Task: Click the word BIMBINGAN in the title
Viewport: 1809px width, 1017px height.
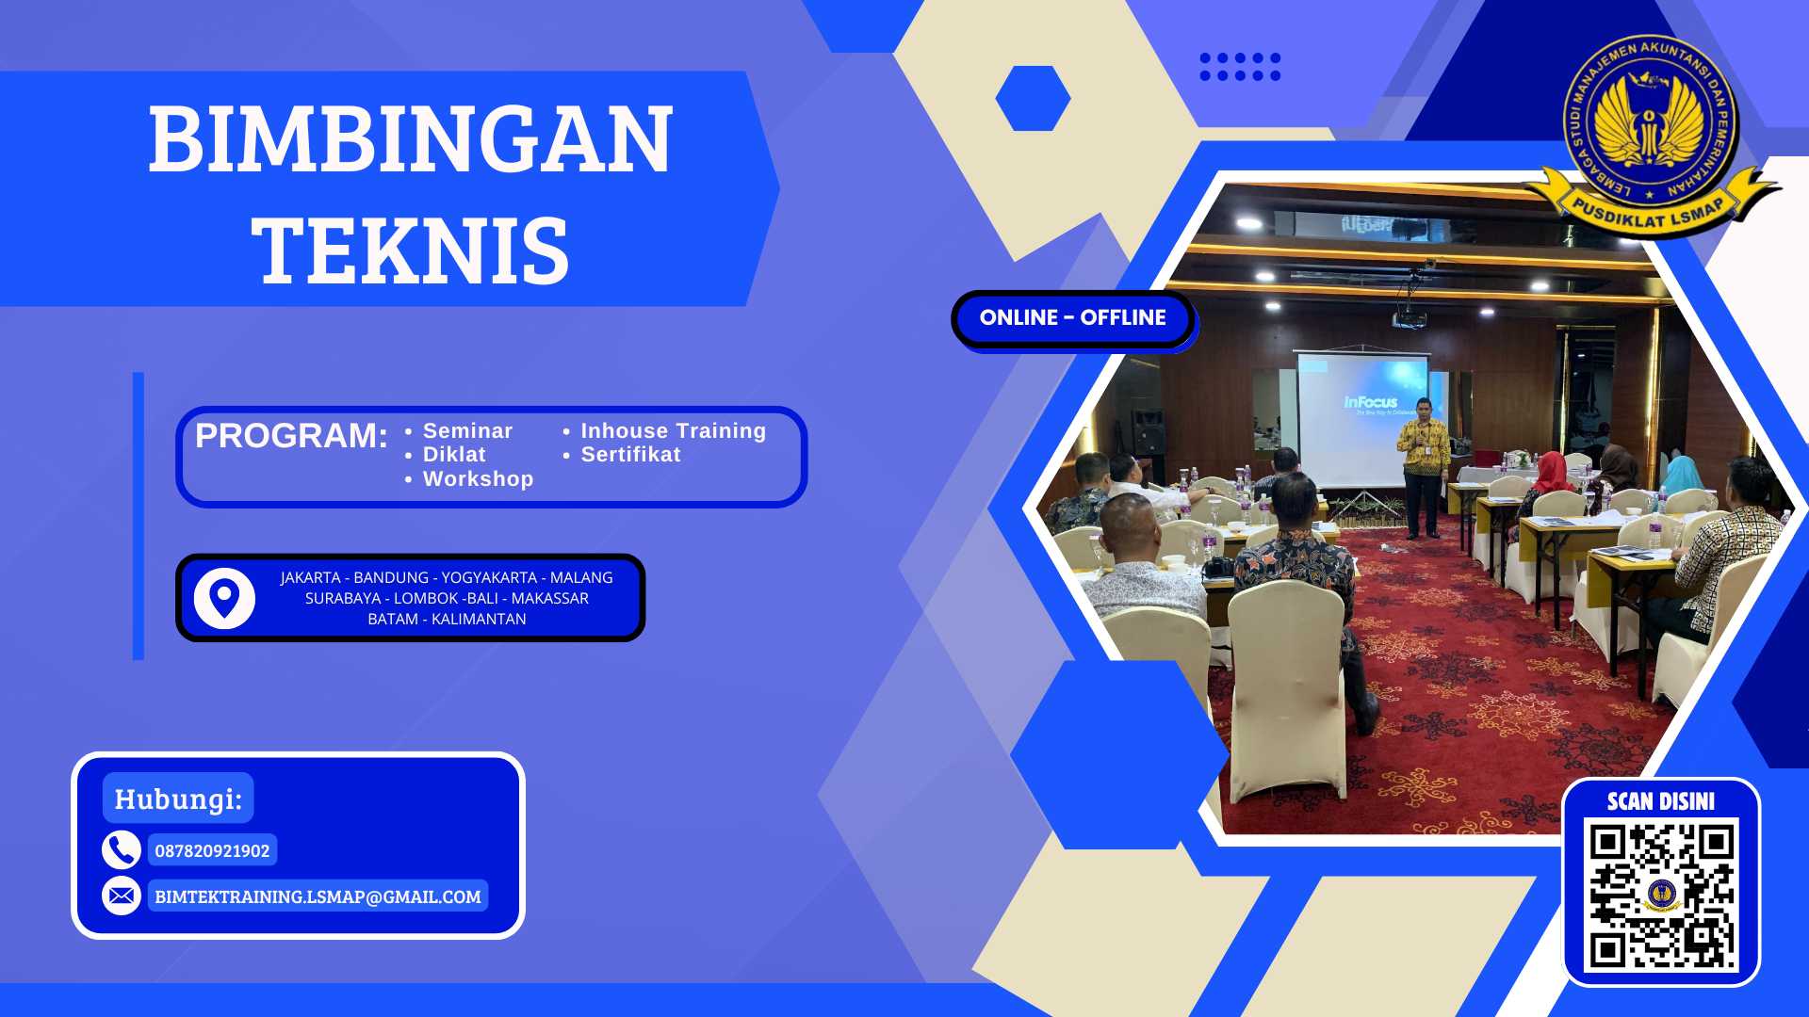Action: click(x=411, y=141)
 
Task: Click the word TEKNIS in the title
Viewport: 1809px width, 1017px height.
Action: click(x=411, y=250)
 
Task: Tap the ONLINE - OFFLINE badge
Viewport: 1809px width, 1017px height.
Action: click(x=1072, y=318)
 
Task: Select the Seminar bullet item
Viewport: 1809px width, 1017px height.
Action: click(x=467, y=431)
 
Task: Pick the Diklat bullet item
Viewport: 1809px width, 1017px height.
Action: click(x=454, y=455)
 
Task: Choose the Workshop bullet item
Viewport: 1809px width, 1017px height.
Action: click(x=478, y=479)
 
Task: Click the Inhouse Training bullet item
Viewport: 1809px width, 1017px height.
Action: click(x=673, y=431)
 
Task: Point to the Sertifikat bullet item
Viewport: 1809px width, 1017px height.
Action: click(x=630, y=455)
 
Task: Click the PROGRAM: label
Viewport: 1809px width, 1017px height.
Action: click(x=291, y=436)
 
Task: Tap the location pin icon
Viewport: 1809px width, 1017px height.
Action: click(x=224, y=598)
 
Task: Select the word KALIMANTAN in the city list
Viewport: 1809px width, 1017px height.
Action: click(x=479, y=620)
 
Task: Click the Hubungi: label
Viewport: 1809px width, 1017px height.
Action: click(x=178, y=799)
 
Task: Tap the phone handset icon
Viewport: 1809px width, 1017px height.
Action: click(x=122, y=850)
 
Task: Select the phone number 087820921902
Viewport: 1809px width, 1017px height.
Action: click(x=212, y=851)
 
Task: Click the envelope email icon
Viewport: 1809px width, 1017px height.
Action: click(x=122, y=896)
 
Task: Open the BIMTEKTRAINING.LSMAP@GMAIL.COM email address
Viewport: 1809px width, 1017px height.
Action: click(x=318, y=897)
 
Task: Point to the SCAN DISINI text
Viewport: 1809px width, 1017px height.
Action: click(x=1661, y=801)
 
